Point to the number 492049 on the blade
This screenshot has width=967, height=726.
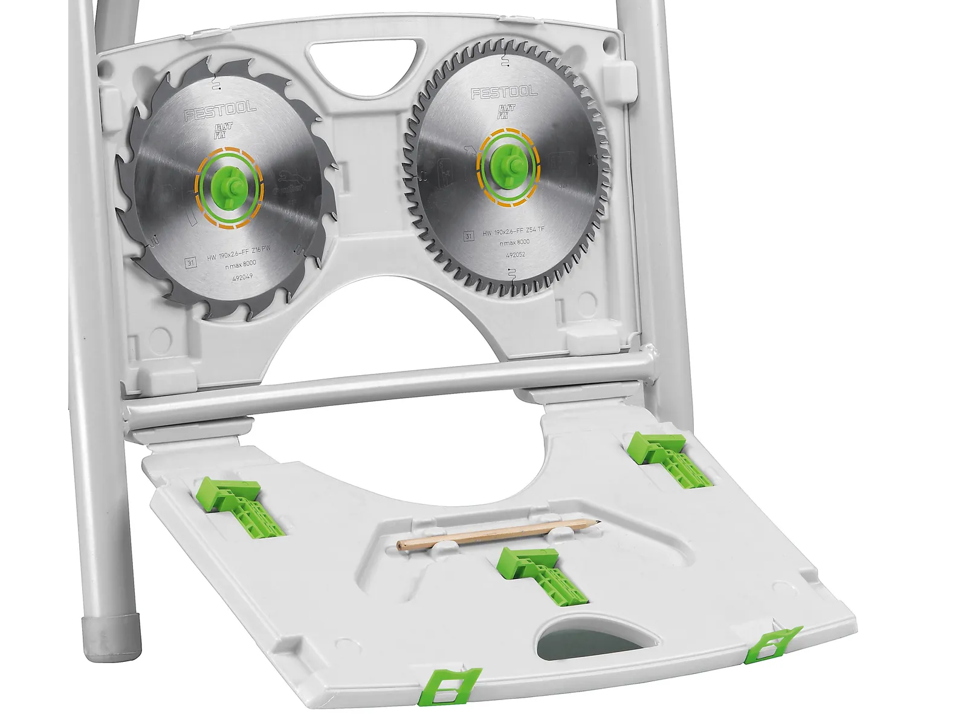click(243, 277)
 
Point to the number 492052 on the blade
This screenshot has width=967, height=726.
click(515, 255)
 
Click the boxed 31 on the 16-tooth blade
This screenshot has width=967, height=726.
click(191, 263)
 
